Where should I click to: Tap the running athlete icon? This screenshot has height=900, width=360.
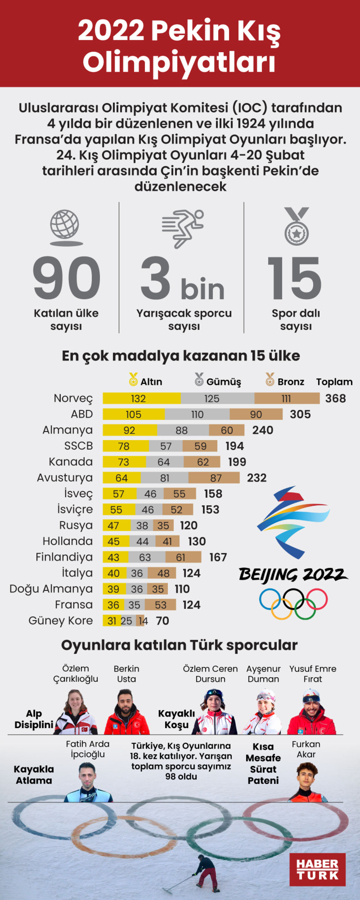pyautogui.click(x=183, y=228)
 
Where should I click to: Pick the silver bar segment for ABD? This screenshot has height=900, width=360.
pyautogui.click(x=197, y=414)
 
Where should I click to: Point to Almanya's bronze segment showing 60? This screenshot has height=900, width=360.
pyautogui.click(x=227, y=430)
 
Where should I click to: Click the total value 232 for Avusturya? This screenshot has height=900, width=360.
pyautogui.click(x=256, y=478)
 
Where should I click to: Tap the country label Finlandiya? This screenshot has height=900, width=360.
pyautogui.click(x=64, y=557)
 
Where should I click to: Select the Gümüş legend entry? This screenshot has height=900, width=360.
pyautogui.click(x=218, y=382)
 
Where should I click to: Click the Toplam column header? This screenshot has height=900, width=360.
pyautogui.click(x=334, y=382)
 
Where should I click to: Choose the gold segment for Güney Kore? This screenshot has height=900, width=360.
pyautogui.click(x=111, y=620)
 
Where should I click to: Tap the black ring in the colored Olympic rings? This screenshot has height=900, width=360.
pyautogui.click(x=293, y=598)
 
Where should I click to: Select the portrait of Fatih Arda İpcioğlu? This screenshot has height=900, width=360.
pyautogui.click(x=88, y=783)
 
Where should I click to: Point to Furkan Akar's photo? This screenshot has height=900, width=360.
pyautogui.click(x=308, y=783)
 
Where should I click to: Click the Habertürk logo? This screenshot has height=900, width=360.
pyautogui.click(x=317, y=869)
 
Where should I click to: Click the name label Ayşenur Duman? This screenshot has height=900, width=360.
pyautogui.click(x=263, y=674)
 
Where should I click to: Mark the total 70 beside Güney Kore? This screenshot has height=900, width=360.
pyautogui.click(x=163, y=620)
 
